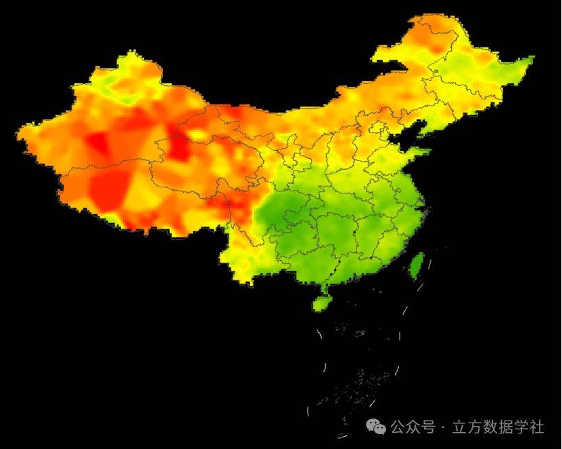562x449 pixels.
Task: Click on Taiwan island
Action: coord(417,264)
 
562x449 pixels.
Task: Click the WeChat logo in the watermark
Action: coord(376,427)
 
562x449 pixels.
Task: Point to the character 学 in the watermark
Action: coord(521,427)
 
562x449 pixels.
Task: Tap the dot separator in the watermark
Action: coord(443,427)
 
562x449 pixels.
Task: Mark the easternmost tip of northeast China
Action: coord(533,58)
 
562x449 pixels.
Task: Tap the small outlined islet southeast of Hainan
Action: coord(360,333)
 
